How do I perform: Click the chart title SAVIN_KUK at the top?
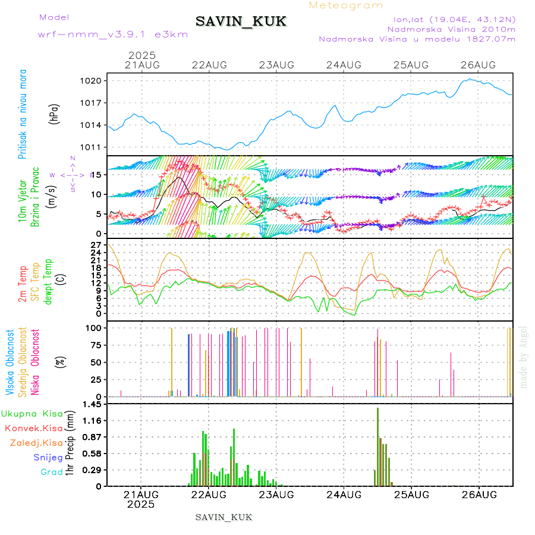click(x=241, y=22)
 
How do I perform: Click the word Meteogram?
click(x=346, y=5)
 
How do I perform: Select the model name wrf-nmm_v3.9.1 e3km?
click(x=113, y=34)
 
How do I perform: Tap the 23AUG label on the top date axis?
click(x=276, y=65)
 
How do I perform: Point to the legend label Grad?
click(x=52, y=472)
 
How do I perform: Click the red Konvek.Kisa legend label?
click(x=33, y=428)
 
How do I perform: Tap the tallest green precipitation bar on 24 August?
click(x=377, y=446)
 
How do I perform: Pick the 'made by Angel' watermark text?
click(x=524, y=357)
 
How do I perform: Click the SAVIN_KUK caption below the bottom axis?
click(x=224, y=517)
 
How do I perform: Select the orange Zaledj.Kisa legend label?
click(x=36, y=443)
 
